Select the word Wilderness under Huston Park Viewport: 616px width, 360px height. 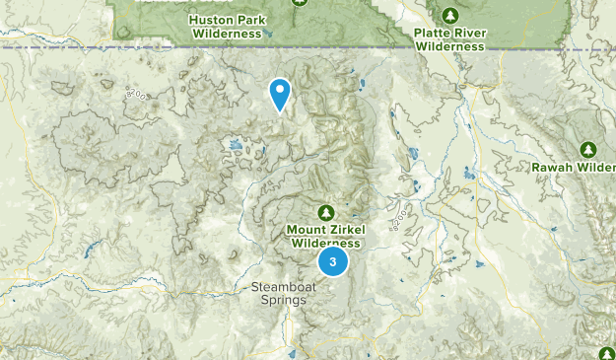[227, 33]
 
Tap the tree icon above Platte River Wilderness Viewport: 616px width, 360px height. [449, 16]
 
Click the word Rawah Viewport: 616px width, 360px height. [553, 167]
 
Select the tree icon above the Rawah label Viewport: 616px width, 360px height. [588, 150]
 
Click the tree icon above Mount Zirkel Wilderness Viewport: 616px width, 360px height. [326, 212]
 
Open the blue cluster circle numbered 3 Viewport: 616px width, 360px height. [333, 261]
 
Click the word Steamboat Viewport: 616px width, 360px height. [280, 287]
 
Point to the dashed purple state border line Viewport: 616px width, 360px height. [59, 47]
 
